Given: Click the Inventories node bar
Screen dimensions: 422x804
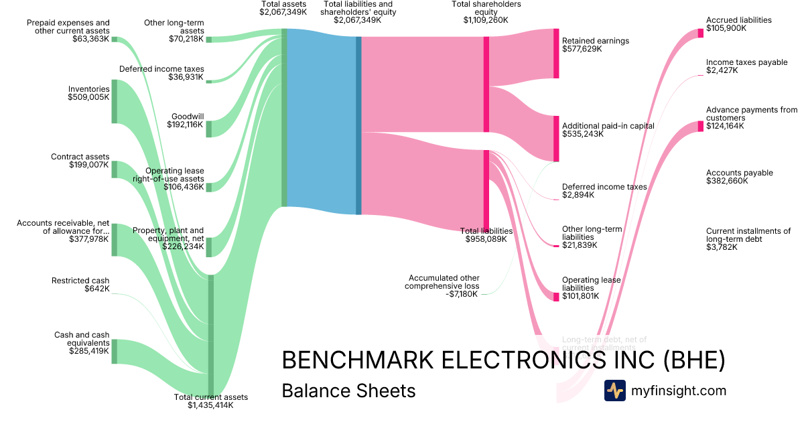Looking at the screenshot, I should (x=114, y=101).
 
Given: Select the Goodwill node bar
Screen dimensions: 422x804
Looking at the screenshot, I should (x=208, y=129).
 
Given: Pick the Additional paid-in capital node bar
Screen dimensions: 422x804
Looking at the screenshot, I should (x=555, y=138).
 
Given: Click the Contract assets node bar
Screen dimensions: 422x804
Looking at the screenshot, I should (x=114, y=169).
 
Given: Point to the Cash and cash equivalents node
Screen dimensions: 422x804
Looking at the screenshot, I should (x=114, y=351).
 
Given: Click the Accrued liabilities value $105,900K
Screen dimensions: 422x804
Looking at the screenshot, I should (x=726, y=28).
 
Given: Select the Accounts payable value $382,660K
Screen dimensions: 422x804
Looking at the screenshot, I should (x=726, y=181).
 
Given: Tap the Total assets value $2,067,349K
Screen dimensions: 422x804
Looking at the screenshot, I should (x=283, y=12).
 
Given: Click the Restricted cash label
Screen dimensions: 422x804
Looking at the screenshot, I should (x=80, y=281).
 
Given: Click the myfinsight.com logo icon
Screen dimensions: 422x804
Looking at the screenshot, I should (x=614, y=391).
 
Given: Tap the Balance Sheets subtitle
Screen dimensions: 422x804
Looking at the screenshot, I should (x=348, y=391).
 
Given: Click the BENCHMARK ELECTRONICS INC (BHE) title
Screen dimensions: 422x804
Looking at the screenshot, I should (x=503, y=360).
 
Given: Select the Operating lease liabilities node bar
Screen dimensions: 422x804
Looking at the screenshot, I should (x=555, y=296).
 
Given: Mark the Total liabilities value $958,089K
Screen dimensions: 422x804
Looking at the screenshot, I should (x=486, y=238).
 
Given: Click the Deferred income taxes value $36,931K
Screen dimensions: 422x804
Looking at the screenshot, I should (x=186, y=77).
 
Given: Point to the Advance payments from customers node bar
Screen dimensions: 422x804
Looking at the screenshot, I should (x=700, y=126).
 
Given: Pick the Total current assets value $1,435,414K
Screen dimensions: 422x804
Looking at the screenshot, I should (x=210, y=405).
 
